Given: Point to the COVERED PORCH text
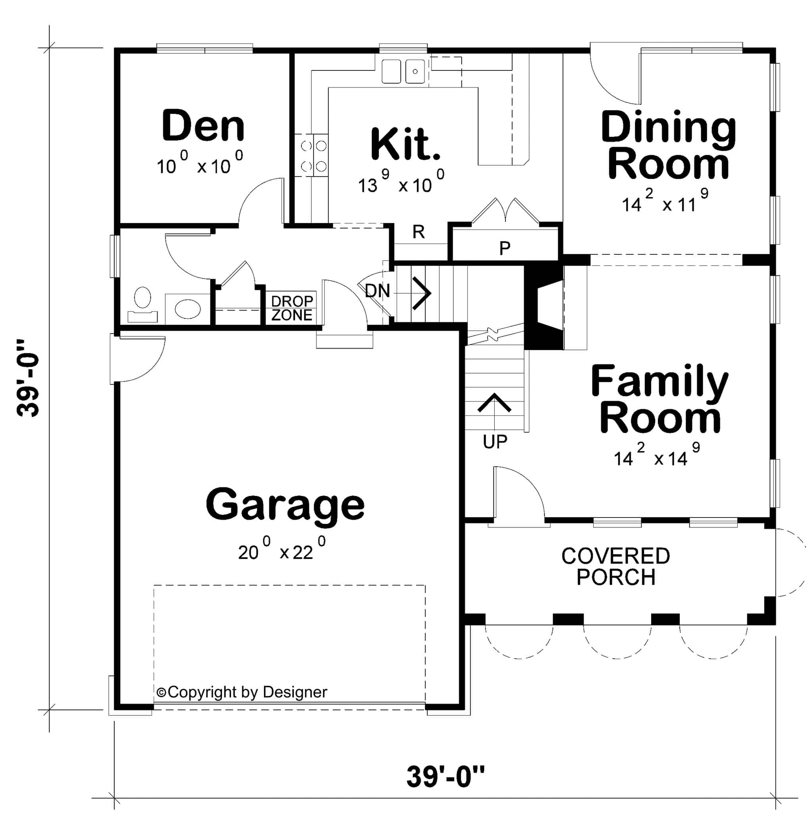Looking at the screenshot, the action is click(615, 566).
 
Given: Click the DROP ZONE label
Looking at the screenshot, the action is click(292, 308).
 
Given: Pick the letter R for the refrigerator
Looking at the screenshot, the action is click(418, 232).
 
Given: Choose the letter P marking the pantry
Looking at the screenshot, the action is click(505, 248).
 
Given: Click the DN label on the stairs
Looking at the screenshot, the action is click(378, 291).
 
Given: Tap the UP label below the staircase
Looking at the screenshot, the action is click(495, 442).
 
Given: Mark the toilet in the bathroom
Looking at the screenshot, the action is click(142, 303).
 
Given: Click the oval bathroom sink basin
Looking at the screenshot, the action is click(188, 309).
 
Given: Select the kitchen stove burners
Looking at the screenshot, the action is click(311, 155).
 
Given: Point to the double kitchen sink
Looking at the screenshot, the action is click(403, 71).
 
